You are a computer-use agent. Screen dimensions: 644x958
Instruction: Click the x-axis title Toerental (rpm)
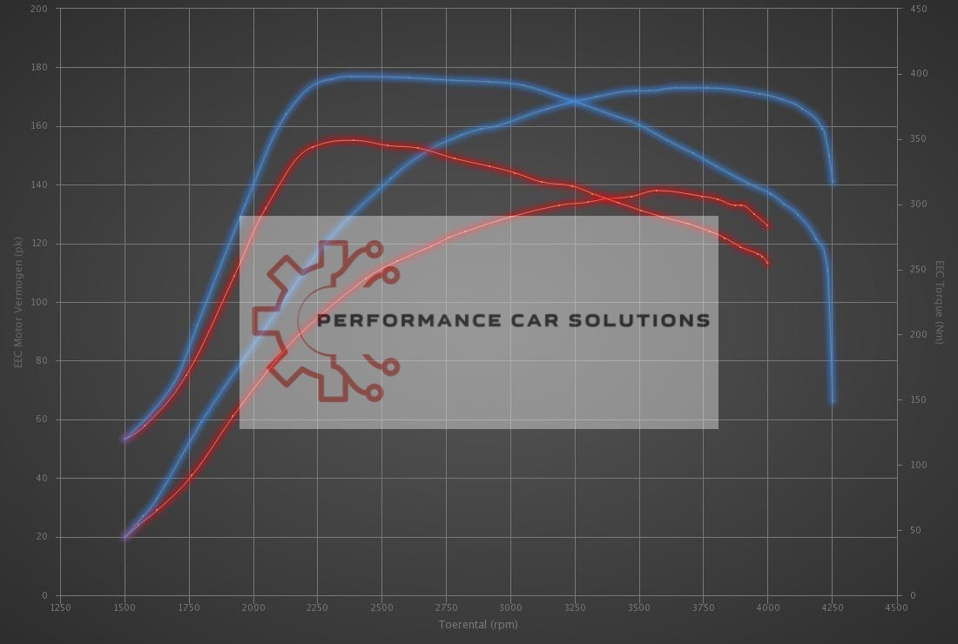pyautogui.click(x=478, y=624)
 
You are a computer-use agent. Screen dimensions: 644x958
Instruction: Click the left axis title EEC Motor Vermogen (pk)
pyautogui.click(x=17, y=302)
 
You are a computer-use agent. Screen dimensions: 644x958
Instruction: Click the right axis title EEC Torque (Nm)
pyautogui.click(x=940, y=302)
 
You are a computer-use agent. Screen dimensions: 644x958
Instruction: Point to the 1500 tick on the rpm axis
pyautogui.click(x=125, y=607)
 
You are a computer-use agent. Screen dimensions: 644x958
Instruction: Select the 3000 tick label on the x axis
pyautogui.click(x=510, y=607)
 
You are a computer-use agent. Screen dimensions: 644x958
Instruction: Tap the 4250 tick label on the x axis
pyautogui.click(x=832, y=607)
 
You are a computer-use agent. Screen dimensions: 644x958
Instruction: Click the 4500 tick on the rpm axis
pyautogui.click(x=896, y=607)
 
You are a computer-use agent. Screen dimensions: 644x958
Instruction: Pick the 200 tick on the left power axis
pyautogui.click(x=40, y=9)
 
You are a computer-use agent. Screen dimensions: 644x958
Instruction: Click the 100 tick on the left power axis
pyautogui.click(x=40, y=302)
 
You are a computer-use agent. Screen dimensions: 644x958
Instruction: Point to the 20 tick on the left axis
pyautogui.click(x=43, y=537)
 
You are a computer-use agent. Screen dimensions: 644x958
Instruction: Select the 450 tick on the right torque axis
pyautogui.click(x=918, y=9)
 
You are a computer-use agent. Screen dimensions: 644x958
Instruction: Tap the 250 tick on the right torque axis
pyautogui.click(x=918, y=270)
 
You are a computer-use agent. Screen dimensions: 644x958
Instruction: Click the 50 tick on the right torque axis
pyautogui.click(x=914, y=530)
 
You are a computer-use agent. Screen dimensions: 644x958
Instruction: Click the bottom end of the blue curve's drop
pyautogui.click(x=833, y=402)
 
